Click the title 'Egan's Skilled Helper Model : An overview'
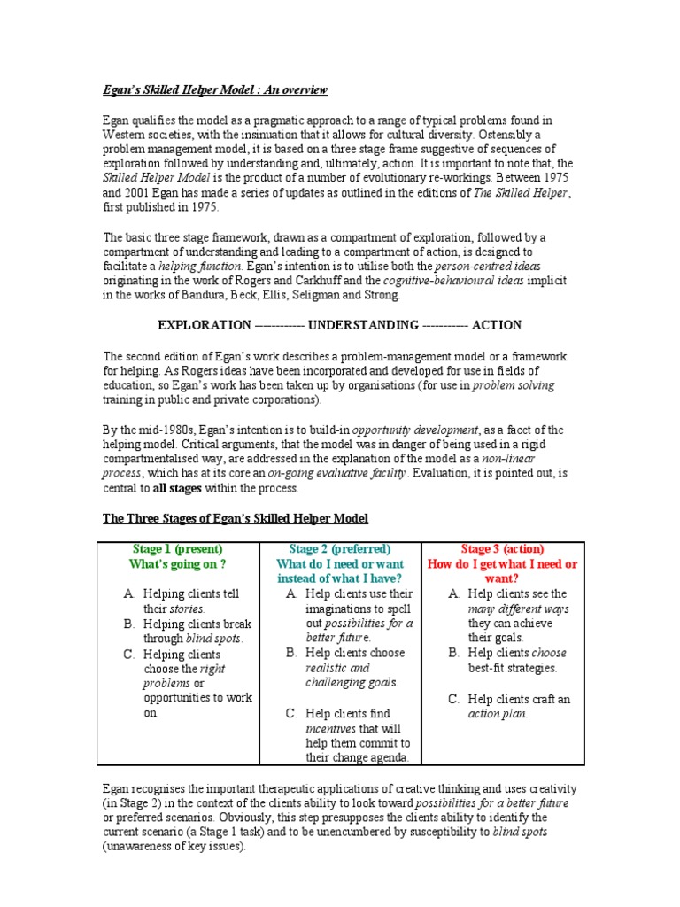coord(214,89)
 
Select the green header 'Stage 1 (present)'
coord(177,549)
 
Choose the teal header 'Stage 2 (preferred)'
coord(339,549)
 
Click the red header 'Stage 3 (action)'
coord(502,549)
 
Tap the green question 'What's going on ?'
coord(177,564)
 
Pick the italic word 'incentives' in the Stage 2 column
coord(329,728)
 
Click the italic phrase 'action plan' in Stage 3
coord(498,714)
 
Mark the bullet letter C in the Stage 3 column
coord(454,699)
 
